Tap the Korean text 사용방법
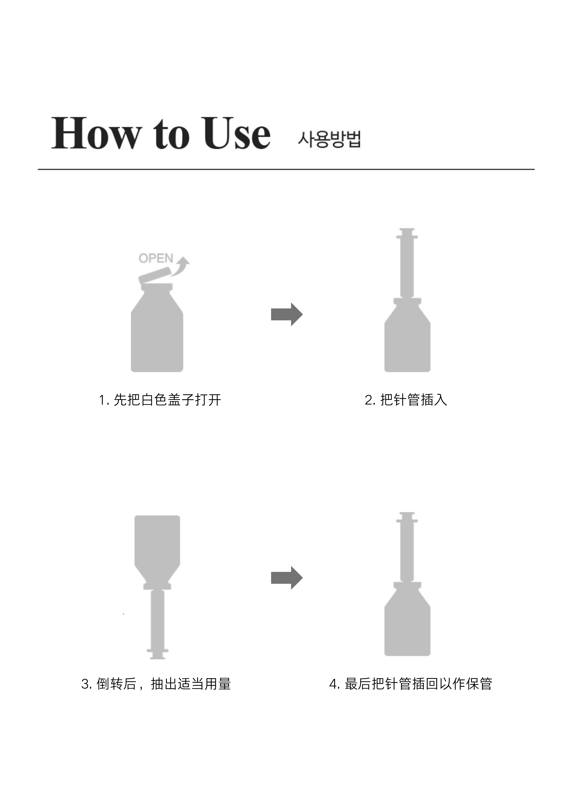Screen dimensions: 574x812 click(329, 139)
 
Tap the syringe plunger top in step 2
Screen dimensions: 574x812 click(407, 233)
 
